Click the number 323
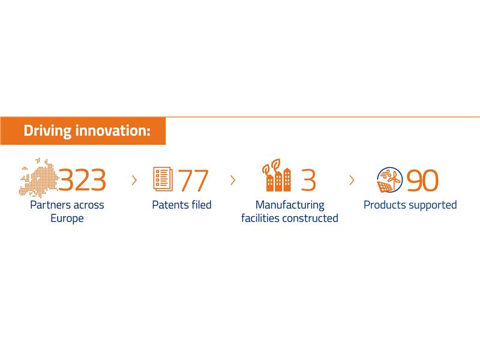pyautogui.click(x=82, y=179)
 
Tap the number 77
pyautogui.click(x=193, y=181)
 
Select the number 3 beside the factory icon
pyautogui.click(x=308, y=180)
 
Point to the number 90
pyautogui.click(x=422, y=181)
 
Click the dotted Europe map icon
pyautogui.click(x=38, y=178)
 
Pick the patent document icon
pyautogui.click(x=163, y=179)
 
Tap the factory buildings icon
pyautogui.click(x=277, y=175)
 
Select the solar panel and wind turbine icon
pyautogui.click(x=389, y=180)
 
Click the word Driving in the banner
pyautogui.click(x=47, y=131)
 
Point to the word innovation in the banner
pyautogui.click(x=113, y=130)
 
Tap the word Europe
pyautogui.click(x=67, y=218)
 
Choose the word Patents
pyautogui.click(x=169, y=205)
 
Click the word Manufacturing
pyautogui.click(x=290, y=205)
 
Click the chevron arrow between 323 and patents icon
pyautogui.click(x=134, y=180)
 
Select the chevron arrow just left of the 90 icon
pyautogui.click(x=352, y=180)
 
